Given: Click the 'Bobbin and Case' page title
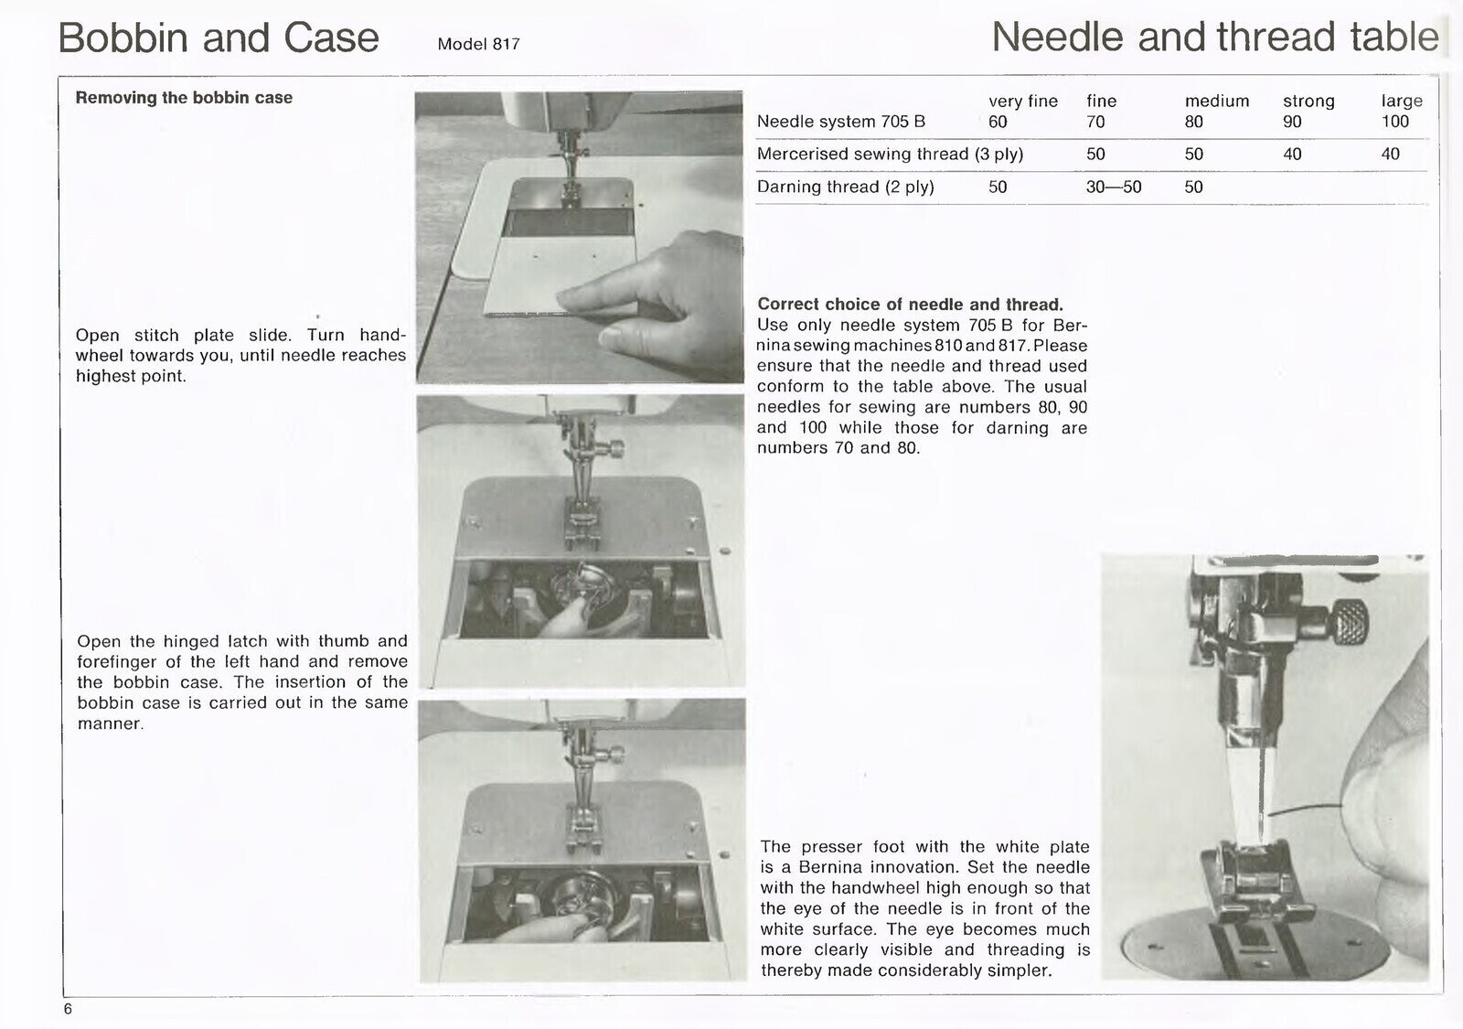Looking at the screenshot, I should pos(219,38).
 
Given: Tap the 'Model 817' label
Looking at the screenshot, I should pos(478,44).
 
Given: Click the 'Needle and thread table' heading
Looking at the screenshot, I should pos(1214,38).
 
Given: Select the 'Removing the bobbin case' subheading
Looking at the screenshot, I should pos(184,98).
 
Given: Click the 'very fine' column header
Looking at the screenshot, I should pos(1022,101).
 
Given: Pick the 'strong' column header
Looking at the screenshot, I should pos(1308,101).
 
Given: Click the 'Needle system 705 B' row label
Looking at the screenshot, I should pos(840,122).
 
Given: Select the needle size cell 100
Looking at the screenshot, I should pos(1394,122).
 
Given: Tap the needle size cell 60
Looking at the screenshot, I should pos(998,122).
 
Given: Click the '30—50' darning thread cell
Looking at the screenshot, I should pos(1113,187).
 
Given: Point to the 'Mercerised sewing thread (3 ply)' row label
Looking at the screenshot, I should pos(889,154).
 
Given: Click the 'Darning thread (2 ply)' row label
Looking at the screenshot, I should pos(845,187).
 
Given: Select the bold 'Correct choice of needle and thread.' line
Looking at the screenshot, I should pos(910,305).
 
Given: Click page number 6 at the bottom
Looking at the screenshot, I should pos(68,1009).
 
